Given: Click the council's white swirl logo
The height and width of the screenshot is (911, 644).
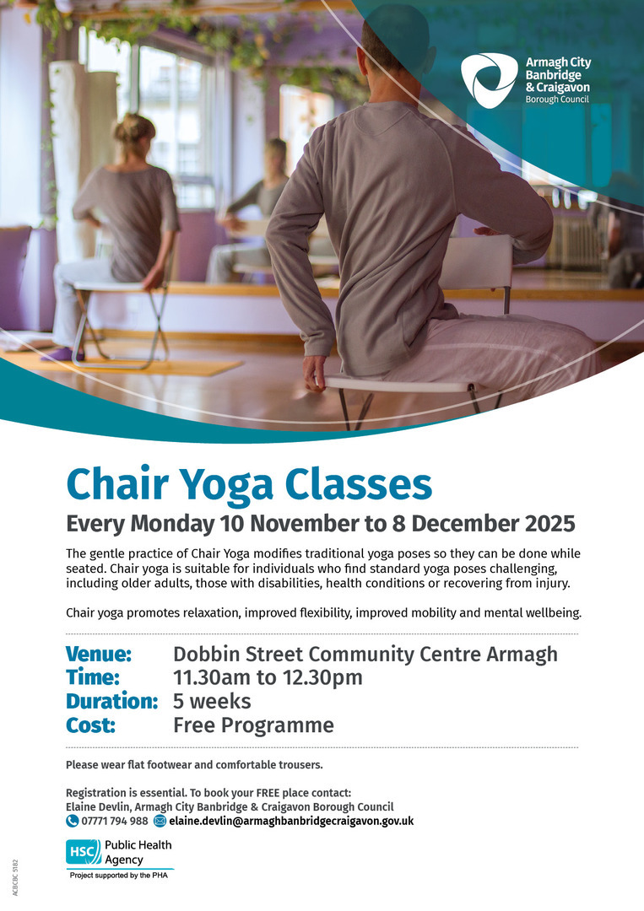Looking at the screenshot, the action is [x=489, y=80].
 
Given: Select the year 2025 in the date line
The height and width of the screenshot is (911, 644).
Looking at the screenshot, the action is [x=549, y=524].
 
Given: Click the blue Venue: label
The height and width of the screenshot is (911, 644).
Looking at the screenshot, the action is [x=99, y=655].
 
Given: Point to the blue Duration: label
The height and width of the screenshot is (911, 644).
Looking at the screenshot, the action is [x=111, y=701].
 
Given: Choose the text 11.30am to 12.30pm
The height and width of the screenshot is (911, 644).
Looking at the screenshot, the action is [x=268, y=677].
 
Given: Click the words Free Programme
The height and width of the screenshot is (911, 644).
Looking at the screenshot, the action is [x=253, y=725].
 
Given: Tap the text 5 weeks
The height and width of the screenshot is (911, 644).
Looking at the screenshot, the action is [x=212, y=701].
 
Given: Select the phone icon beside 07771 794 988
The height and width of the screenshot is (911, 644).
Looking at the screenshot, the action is [x=72, y=821].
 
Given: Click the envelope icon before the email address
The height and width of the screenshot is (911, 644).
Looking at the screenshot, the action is [x=160, y=821].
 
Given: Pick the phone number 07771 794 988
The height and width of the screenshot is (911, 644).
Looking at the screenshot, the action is [x=115, y=821].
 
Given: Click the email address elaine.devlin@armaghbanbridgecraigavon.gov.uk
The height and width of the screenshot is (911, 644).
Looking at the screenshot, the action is [x=291, y=821].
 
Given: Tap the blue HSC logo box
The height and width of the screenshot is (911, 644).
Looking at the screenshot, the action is [x=84, y=852].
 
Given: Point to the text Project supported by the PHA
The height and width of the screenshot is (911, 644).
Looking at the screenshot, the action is [x=118, y=875].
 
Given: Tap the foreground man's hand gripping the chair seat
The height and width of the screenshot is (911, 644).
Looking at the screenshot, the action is [x=315, y=373].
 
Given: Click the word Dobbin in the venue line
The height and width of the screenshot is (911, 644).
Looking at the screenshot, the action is [x=206, y=655].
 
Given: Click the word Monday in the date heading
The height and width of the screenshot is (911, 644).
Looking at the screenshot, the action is [x=172, y=524].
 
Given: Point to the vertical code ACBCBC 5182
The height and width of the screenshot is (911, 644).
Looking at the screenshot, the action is [x=16, y=877].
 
